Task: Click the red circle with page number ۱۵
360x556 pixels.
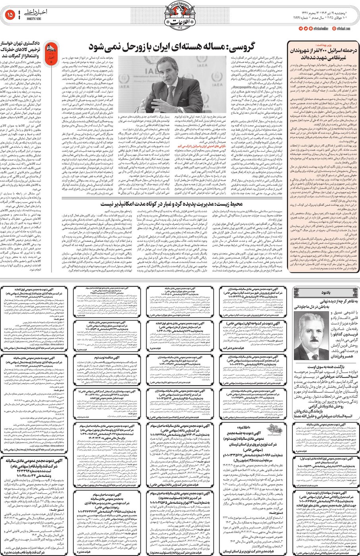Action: coord(10,15)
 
